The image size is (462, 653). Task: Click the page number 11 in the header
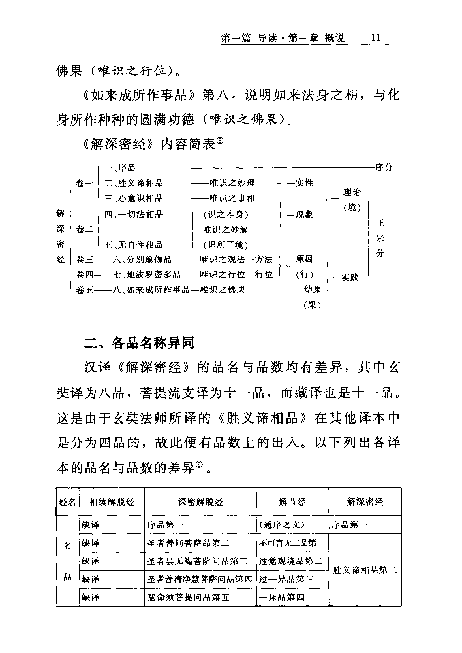pyautogui.click(x=376, y=38)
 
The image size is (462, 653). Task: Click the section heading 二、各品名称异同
pyautogui.click(x=139, y=343)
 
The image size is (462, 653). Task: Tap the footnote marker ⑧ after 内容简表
pyautogui.click(x=220, y=141)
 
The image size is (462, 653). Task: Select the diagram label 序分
pyautogui.click(x=384, y=167)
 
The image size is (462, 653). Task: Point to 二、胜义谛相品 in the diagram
pyautogui.click(x=133, y=183)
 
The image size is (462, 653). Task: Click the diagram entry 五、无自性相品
pyautogui.click(x=133, y=244)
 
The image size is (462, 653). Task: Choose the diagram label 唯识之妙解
pyautogui.click(x=225, y=229)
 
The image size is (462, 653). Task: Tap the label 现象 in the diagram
pyautogui.click(x=304, y=214)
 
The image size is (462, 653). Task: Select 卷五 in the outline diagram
pyautogui.click(x=84, y=290)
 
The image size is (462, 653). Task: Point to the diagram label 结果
pyautogui.click(x=312, y=290)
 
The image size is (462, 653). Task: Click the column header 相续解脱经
pyautogui.click(x=112, y=502)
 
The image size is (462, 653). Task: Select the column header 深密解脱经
pyautogui.click(x=200, y=502)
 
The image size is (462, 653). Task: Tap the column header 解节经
pyautogui.click(x=292, y=502)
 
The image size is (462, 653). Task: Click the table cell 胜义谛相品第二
pyautogui.click(x=365, y=570)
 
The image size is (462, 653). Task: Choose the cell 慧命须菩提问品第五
pyautogui.click(x=188, y=597)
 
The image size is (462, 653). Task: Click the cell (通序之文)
pyautogui.click(x=281, y=525)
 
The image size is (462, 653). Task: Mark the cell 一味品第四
pyautogui.click(x=282, y=597)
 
